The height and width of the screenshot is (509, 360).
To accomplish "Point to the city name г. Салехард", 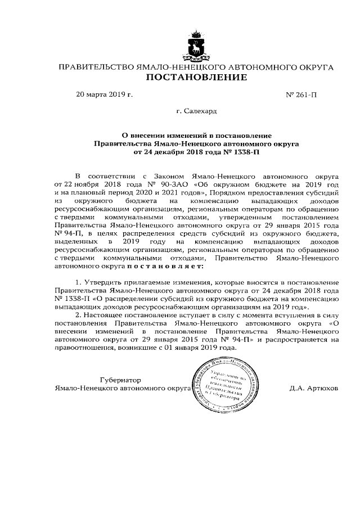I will [x=196, y=112].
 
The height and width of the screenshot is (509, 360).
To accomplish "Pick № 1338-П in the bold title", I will [x=244, y=152].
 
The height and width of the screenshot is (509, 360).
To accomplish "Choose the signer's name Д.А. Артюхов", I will [x=314, y=388].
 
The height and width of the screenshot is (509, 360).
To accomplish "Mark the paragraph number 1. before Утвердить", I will [x=78, y=281].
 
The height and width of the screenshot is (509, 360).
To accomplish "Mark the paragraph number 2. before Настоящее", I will [x=78, y=316].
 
